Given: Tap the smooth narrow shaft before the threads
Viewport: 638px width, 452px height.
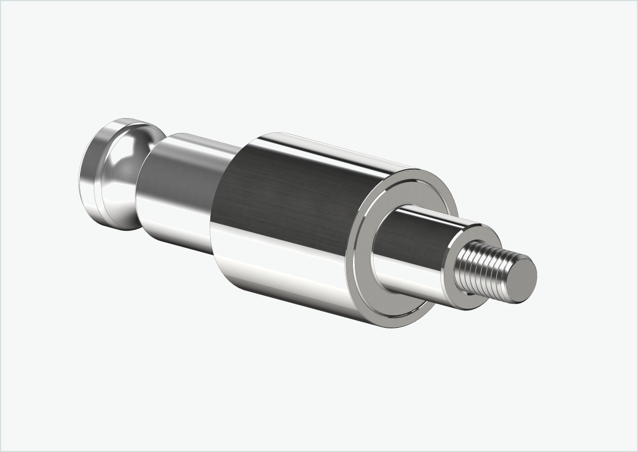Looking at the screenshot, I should point(421,246).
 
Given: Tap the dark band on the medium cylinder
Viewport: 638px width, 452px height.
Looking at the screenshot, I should point(180,174).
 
